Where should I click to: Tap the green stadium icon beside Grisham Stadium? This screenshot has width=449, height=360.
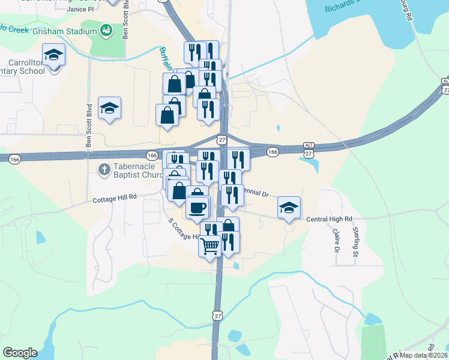coord(106,29)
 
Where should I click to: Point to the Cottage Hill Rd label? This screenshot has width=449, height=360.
coord(115,196)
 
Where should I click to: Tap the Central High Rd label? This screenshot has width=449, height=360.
coord(329,220)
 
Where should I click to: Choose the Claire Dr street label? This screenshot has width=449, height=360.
coord(336,240)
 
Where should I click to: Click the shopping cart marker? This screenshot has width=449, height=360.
coord(210,245)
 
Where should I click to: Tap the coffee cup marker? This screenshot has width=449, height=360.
coord(197,208)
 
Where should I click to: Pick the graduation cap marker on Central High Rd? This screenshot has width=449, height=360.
coord(289,207)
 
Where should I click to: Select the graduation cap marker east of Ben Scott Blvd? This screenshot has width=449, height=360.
coord(109,107)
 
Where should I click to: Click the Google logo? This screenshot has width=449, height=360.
coord(20,353)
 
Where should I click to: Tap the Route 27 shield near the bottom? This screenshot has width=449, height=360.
coord(217,315)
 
